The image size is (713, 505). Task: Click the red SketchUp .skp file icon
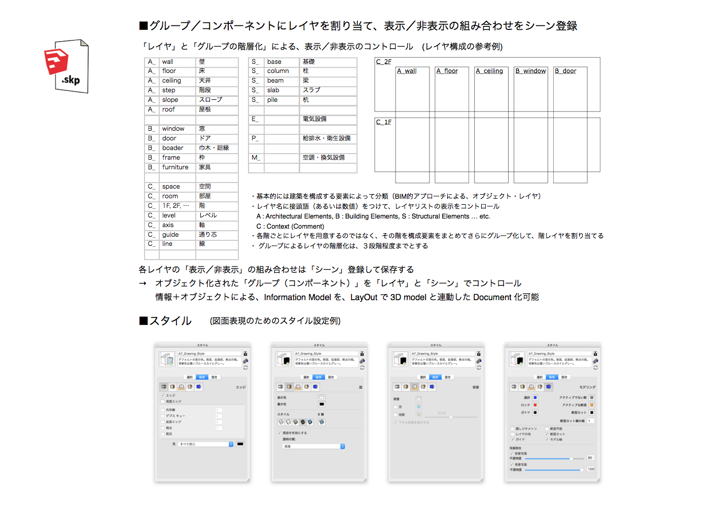point(66,66)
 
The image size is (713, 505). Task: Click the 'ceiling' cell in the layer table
point(172,81)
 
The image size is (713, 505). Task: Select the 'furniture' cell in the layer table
point(175,167)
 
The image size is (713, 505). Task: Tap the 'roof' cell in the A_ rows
point(168,110)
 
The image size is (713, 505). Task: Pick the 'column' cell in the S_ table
point(278,71)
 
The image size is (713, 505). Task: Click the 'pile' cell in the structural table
point(272,100)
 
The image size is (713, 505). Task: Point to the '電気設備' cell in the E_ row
point(314,119)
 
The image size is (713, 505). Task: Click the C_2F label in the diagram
point(383,62)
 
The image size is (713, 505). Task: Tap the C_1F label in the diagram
point(383,122)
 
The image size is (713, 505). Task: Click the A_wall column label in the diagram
point(407,71)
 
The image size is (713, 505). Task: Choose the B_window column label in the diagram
point(530,71)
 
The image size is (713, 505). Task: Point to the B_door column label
point(565,71)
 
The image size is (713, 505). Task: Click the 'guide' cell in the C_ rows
point(170,235)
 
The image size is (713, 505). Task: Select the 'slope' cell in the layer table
point(170,100)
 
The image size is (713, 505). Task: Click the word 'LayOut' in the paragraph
point(364,297)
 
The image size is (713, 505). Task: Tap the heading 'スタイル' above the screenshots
point(170,321)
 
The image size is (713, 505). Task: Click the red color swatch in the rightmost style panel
point(535,405)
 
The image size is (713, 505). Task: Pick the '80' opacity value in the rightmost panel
point(590,458)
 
